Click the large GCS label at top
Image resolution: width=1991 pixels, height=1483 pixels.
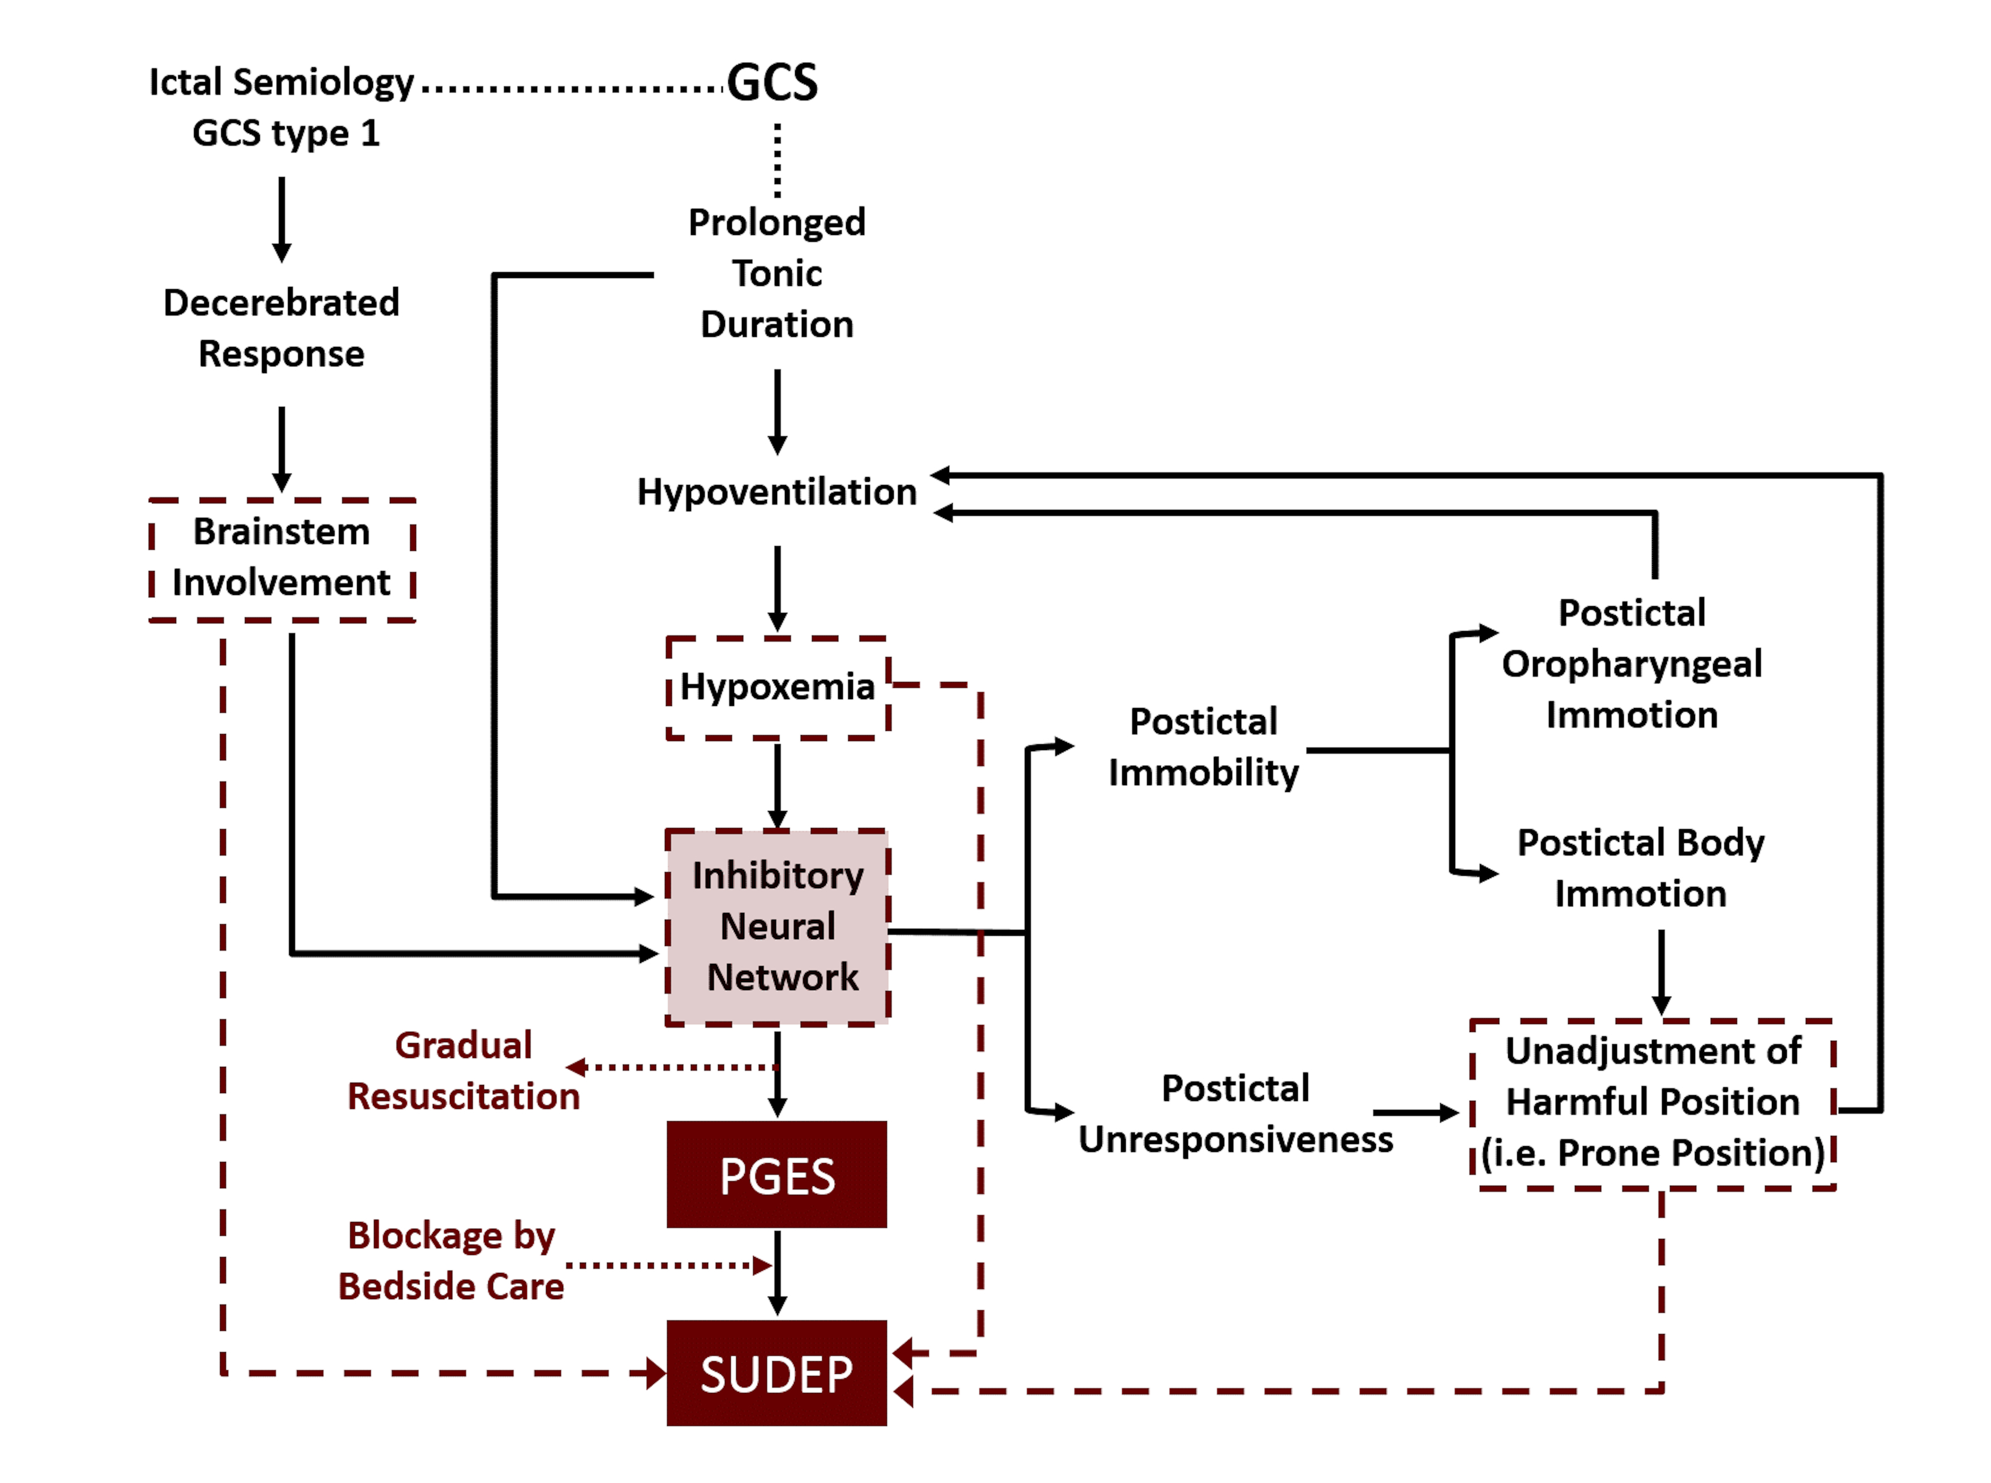click(x=772, y=83)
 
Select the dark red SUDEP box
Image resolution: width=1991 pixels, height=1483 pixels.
click(x=776, y=1374)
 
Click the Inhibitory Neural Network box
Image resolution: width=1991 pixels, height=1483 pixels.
click(x=778, y=927)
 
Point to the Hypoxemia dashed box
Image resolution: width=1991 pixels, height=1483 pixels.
click(x=778, y=688)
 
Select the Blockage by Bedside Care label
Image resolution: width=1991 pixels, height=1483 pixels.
click(x=452, y=1261)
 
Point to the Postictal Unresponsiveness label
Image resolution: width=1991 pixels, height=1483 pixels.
click(x=1235, y=1114)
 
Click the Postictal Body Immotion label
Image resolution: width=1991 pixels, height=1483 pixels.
click(x=1641, y=868)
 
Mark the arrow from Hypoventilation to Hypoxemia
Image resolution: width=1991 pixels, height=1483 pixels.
click(x=778, y=588)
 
